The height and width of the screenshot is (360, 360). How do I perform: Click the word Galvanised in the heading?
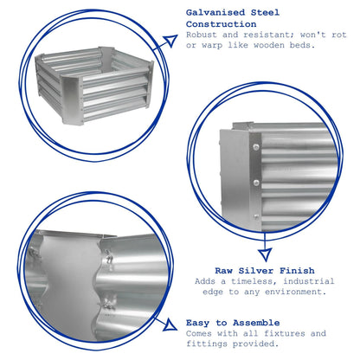[x=215, y=13]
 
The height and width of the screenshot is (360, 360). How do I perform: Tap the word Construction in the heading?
[x=222, y=24]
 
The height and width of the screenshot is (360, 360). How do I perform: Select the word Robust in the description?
[x=202, y=35]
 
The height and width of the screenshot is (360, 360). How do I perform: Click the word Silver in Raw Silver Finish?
[x=255, y=271]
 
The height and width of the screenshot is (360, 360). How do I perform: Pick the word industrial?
[x=309, y=281]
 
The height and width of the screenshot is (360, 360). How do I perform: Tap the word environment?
[x=296, y=292]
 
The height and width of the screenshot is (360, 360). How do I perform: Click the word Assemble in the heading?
[x=256, y=323]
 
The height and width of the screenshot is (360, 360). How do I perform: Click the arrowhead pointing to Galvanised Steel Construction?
[x=170, y=41]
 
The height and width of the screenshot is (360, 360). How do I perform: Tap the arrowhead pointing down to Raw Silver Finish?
[x=265, y=254]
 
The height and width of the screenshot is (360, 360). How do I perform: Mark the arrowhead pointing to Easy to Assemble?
[x=170, y=325]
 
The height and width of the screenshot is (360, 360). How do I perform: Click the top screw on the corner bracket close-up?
[x=255, y=147]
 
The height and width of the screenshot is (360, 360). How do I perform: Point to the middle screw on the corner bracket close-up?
[x=255, y=183]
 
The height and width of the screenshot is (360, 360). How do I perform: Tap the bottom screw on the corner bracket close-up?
[x=255, y=216]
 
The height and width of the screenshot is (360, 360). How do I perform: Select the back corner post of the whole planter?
[x=106, y=57]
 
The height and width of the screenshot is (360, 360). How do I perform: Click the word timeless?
[x=254, y=281]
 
